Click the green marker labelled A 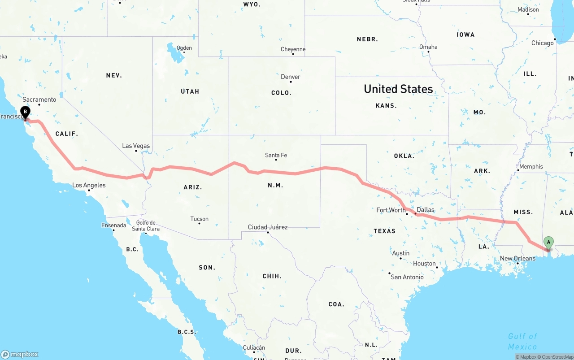(548, 243)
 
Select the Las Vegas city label (136, 146)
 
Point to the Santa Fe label (276, 155)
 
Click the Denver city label (291, 77)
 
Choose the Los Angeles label (89, 185)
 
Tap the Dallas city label (425, 209)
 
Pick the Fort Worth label (391, 210)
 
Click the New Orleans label (517, 258)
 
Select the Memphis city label (531, 166)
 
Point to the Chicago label (542, 43)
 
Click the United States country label (398, 89)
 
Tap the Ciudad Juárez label (268, 227)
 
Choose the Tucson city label (199, 219)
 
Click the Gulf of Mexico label (522, 341)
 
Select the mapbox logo (20, 354)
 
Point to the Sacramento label (39, 100)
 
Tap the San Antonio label (407, 277)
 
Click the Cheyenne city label (293, 49)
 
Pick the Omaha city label (428, 47)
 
